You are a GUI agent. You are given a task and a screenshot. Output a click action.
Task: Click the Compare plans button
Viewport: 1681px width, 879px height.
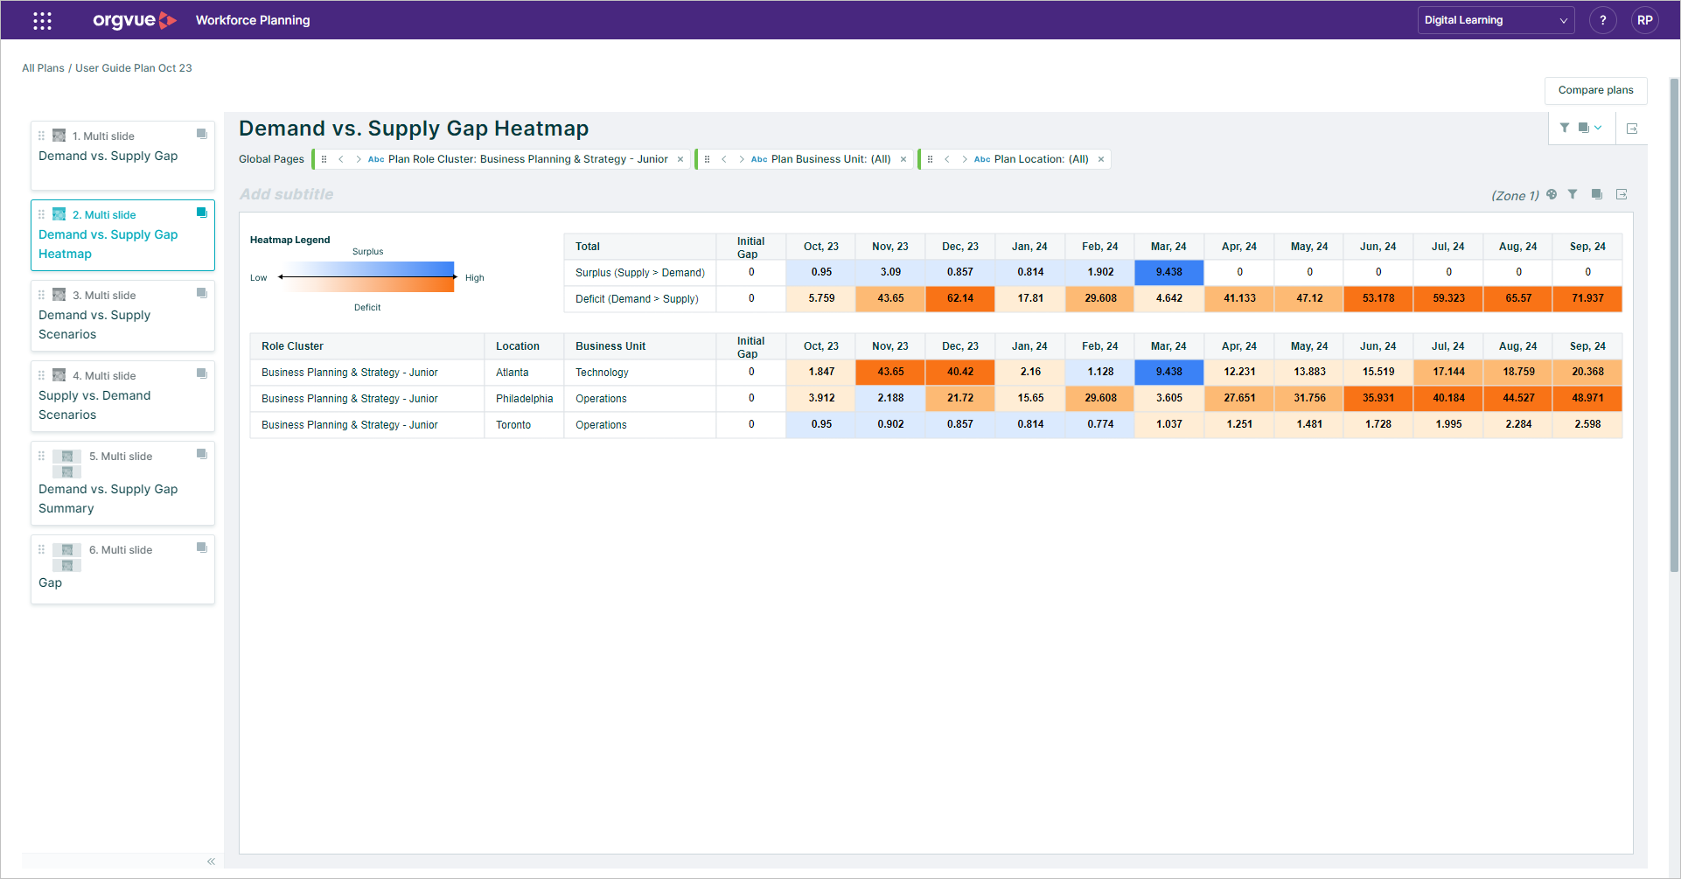tap(1595, 90)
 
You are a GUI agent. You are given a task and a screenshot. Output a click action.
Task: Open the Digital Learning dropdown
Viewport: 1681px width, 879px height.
tap(1495, 20)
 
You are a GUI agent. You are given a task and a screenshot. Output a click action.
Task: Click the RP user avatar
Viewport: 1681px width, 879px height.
tap(1644, 20)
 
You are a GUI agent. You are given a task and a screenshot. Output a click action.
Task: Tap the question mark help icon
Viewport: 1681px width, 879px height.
tap(1602, 20)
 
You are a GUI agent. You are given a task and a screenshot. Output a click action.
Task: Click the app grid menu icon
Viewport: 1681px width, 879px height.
tap(42, 20)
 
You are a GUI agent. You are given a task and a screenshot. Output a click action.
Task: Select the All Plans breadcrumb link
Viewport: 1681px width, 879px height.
tap(43, 68)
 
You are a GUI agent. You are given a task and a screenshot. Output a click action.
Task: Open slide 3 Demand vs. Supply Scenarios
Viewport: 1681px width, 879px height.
tap(122, 316)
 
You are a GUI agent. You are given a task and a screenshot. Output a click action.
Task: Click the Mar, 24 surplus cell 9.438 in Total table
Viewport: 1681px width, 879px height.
tap(1168, 272)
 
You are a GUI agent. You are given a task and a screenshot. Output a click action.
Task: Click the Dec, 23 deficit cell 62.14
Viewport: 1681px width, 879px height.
tap(959, 298)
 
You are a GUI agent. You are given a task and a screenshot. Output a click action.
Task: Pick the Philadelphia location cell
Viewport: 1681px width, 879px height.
tap(524, 399)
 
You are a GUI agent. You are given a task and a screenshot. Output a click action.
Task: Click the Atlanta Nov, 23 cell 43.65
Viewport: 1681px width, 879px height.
tap(890, 372)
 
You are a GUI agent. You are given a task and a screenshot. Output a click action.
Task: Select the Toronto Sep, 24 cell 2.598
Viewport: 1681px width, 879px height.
tap(1587, 424)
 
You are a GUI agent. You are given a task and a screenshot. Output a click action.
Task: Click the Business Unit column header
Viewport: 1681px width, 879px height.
tap(610, 346)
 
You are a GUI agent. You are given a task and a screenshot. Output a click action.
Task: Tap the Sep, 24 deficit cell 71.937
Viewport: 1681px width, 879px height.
tap(1587, 298)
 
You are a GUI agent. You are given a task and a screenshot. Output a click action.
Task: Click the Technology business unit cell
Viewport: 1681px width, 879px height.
tap(602, 373)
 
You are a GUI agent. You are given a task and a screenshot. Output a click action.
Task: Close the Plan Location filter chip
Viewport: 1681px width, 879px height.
tap(1101, 159)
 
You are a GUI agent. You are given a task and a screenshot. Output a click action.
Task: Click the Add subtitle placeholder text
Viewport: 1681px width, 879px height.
tap(287, 194)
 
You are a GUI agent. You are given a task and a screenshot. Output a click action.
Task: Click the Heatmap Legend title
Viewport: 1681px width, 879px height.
tap(289, 240)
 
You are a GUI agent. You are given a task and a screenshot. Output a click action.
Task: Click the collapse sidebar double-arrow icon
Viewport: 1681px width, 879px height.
tap(211, 862)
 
